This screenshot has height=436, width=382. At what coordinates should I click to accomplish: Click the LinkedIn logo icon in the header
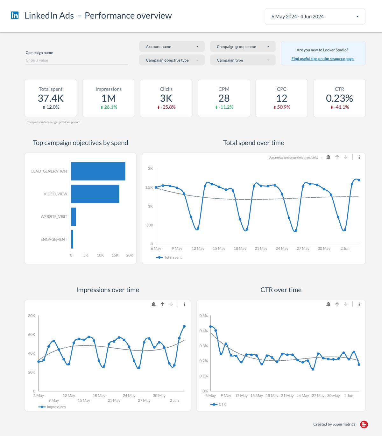click(x=15, y=15)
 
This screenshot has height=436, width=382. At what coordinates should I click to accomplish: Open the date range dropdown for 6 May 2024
click(x=315, y=17)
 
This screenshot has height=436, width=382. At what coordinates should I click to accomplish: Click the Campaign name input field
click(x=76, y=60)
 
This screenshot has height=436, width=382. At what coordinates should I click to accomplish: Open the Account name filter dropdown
click(x=172, y=46)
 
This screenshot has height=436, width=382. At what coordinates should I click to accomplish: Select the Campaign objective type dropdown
click(x=172, y=60)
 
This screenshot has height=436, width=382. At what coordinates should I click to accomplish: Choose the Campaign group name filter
click(x=243, y=46)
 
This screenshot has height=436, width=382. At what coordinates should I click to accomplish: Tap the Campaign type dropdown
click(x=243, y=60)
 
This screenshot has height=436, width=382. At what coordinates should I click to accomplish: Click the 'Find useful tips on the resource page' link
click(x=323, y=59)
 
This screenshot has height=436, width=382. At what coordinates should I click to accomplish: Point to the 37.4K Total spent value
click(x=51, y=98)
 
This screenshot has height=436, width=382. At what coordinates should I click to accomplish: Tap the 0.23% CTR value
click(x=339, y=98)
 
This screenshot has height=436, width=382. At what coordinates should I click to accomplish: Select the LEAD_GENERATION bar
click(x=98, y=171)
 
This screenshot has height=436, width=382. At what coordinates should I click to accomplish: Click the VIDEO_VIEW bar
click(x=95, y=194)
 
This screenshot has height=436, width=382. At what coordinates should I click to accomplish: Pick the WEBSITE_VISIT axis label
click(x=54, y=217)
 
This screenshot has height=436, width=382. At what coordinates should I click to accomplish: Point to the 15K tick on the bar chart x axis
click(x=115, y=255)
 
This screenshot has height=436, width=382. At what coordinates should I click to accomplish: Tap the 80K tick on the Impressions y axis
click(x=32, y=316)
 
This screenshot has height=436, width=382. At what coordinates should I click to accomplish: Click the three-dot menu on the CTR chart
click(x=359, y=304)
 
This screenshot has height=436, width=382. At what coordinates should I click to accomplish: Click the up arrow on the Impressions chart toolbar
click(x=162, y=304)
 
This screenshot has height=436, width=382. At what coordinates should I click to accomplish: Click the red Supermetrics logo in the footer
click(x=364, y=424)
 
